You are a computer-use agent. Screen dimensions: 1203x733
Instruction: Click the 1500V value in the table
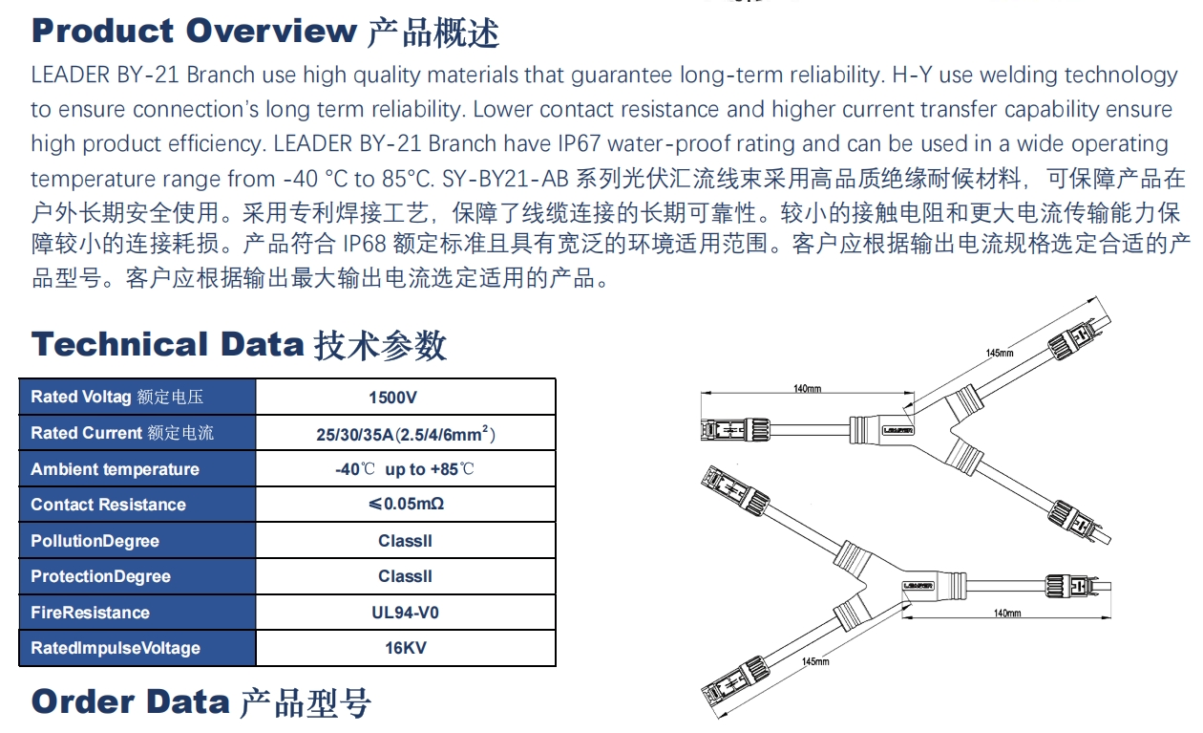[392, 398]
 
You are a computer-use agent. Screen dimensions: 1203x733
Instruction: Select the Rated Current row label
[122, 433]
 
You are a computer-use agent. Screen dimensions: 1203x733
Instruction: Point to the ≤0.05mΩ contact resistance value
[406, 504]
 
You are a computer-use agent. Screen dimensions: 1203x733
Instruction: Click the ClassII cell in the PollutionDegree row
[405, 541]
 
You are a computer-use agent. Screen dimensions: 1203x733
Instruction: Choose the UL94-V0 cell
[405, 613]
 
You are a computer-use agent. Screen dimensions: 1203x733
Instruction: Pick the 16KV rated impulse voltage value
[406, 648]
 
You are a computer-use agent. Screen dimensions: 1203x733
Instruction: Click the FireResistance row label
[90, 613]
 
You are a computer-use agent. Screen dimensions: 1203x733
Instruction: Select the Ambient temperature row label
[115, 469]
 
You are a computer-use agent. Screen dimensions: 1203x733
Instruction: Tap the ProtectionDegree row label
[100, 576]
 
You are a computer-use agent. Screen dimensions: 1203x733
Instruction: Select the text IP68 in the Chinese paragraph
[365, 244]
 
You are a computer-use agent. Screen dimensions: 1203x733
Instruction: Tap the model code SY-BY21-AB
[505, 179]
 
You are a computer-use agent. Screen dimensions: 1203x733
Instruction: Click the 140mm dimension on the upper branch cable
[807, 389]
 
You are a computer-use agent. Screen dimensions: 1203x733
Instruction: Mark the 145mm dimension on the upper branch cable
[1000, 353]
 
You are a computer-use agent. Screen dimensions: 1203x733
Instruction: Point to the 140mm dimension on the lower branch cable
[1007, 614]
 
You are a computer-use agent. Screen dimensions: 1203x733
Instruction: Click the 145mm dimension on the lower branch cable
[815, 661]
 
